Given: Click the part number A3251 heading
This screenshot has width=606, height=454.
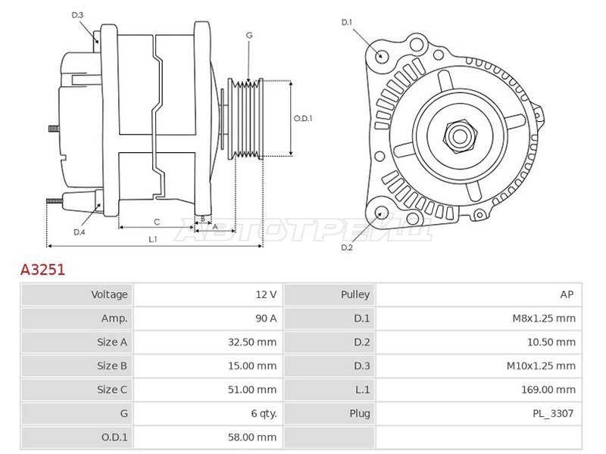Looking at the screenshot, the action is [x=42, y=269].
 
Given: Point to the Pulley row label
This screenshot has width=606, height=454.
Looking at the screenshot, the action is [x=355, y=294].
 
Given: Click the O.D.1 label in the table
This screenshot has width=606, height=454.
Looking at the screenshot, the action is [x=114, y=437].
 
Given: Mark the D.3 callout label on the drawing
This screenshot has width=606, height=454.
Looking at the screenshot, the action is [x=77, y=15].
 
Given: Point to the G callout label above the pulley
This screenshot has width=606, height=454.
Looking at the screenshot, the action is [x=249, y=35].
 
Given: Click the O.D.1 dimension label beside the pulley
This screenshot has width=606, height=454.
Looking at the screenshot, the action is [x=302, y=119].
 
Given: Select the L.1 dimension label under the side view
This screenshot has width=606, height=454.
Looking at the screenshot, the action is [x=153, y=239].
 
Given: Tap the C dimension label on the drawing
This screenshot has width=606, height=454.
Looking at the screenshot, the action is [x=157, y=222].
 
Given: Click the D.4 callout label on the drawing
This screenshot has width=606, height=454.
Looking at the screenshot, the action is [x=80, y=232].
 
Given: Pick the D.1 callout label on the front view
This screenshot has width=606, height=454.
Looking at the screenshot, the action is [x=347, y=23].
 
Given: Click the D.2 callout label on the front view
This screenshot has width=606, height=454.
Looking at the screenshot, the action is [x=347, y=247].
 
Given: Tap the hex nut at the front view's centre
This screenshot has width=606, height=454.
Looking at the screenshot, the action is [x=460, y=136].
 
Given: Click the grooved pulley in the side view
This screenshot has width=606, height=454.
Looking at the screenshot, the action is [x=245, y=119].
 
